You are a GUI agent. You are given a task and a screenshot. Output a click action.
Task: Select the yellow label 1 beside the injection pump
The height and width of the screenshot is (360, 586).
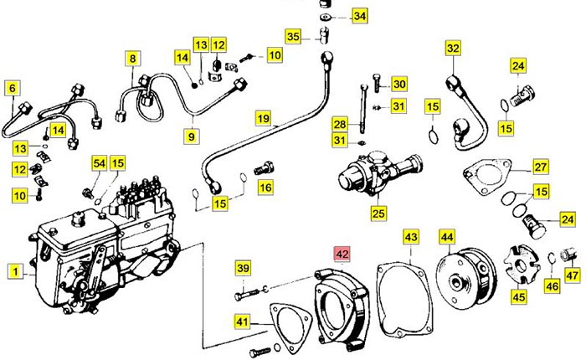pyautogui.click(x=14, y=270)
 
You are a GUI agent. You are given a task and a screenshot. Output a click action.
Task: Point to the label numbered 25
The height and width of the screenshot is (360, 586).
pyautogui.click(x=378, y=213)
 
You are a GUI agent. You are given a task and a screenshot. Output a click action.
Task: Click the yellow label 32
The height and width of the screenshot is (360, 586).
pyautogui.click(x=453, y=49)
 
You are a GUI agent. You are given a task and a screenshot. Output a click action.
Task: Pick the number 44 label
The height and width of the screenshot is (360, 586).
pyautogui.click(x=448, y=237)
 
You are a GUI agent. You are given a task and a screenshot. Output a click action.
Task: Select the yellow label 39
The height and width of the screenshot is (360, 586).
pyautogui.click(x=243, y=268)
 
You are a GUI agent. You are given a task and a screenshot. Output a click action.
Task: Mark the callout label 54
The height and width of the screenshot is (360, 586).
pyautogui.click(x=99, y=163)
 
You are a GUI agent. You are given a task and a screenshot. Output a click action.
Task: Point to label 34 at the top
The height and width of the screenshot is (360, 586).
pyautogui.click(x=358, y=16)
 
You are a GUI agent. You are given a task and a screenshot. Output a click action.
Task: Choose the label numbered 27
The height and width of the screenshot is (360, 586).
pyautogui.click(x=540, y=167)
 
